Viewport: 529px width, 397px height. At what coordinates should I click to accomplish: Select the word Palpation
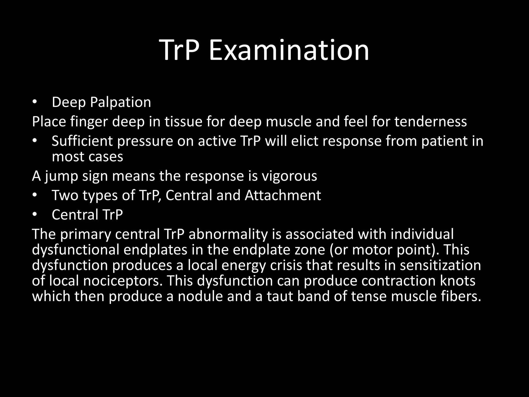(120, 102)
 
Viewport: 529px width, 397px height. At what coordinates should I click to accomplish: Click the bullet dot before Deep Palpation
(35, 102)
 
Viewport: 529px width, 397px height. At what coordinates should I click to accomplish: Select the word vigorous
(289, 176)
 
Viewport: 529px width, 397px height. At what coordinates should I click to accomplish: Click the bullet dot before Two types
(35, 195)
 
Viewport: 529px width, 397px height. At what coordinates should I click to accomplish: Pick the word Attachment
(283, 195)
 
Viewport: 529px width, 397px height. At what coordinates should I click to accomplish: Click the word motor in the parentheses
(372, 250)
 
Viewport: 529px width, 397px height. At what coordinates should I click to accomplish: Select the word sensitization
(440, 265)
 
